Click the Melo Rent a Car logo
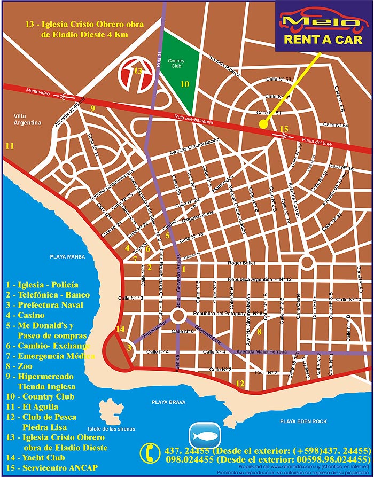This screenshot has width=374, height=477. click(324, 26)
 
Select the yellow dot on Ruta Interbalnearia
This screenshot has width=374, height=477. click(263, 124)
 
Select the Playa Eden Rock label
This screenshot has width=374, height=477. click(302, 421)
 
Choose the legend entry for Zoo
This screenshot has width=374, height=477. click(24, 366)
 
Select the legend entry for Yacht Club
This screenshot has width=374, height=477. click(35, 458)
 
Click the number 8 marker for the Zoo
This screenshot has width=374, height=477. click(259, 332)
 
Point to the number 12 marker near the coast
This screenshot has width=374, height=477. click(240, 382)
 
